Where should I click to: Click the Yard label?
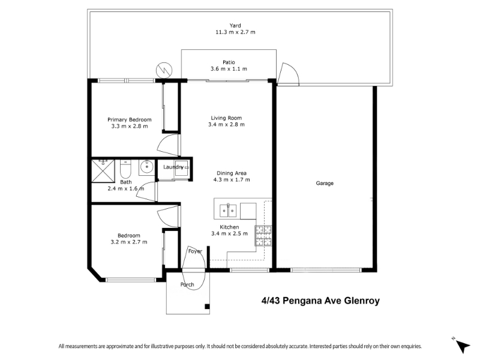(x=235, y=25)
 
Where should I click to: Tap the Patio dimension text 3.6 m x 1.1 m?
(x=229, y=69)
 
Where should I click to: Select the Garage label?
(x=325, y=184)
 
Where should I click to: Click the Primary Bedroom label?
(x=129, y=119)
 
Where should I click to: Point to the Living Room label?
(x=226, y=118)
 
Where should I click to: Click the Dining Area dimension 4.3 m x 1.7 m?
(x=232, y=179)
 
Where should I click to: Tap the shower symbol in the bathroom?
(x=103, y=170)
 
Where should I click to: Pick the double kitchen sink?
(x=228, y=211)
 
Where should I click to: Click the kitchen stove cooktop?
(x=263, y=236)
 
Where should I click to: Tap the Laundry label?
(x=173, y=167)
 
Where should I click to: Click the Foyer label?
(x=195, y=251)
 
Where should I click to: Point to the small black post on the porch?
(x=207, y=307)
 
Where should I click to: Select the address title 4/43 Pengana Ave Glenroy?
(x=320, y=301)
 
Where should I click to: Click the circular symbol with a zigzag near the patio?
(x=164, y=70)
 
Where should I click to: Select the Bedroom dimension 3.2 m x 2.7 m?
(x=129, y=242)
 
